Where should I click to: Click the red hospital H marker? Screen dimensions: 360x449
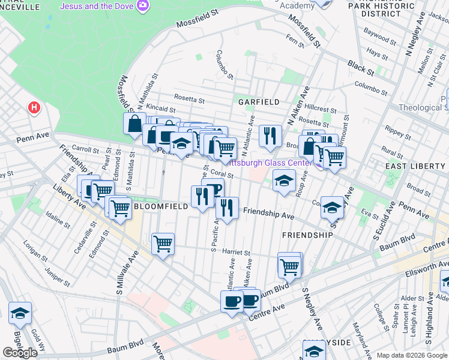(35, 109)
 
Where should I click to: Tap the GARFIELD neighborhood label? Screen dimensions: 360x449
(259, 102)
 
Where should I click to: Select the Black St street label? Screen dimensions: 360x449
(361, 68)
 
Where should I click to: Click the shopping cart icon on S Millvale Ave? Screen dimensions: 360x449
(163, 244)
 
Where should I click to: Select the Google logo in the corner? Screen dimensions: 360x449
(20, 353)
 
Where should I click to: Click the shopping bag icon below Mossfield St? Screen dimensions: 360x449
(135, 124)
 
